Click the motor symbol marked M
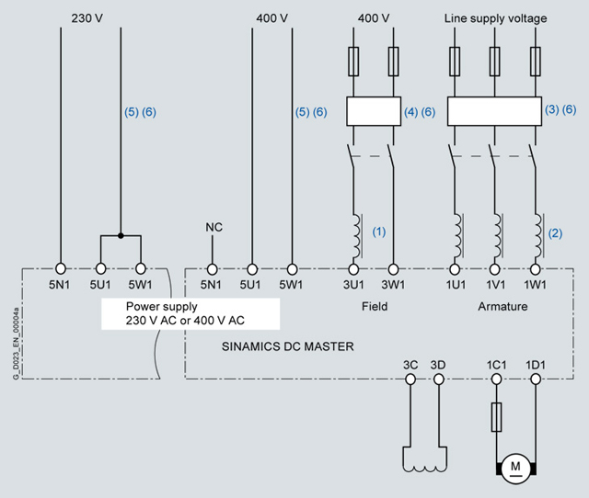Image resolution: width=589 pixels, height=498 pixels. (515, 470)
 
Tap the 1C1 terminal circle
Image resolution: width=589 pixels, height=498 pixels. (498, 379)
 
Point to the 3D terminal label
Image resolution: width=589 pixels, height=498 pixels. (437, 365)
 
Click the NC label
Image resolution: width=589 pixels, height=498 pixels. (213, 227)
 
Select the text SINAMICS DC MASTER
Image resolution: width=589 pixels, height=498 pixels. (287, 346)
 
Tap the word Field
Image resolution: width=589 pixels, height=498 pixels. (374, 304)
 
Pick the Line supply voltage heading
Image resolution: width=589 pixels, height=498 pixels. (496, 17)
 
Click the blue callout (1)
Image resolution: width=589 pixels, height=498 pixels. (377, 233)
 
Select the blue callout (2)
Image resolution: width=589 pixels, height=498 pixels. (556, 233)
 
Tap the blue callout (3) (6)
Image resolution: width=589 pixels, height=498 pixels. (560, 109)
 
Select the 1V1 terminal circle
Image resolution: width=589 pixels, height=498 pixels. (496, 269)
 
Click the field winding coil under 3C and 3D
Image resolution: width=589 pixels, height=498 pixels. (423, 458)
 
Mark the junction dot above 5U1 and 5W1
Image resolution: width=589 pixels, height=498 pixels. (121, 235)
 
